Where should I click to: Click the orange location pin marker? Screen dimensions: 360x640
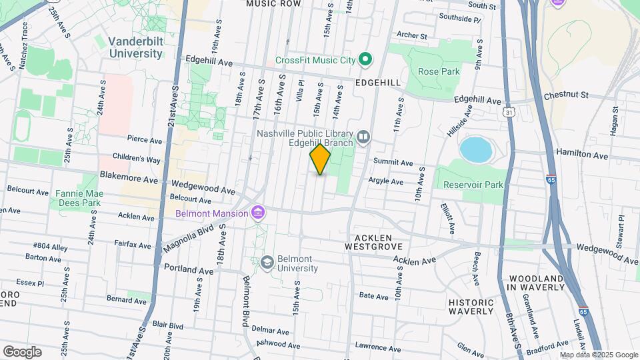tap(320, 159)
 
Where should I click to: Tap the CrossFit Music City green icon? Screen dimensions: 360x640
tap(365, 60)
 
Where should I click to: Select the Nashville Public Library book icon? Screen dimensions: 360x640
tap(363, 137)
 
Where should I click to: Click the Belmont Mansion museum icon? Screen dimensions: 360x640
tap(257, 213)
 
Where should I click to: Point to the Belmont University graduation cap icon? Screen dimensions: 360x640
tap(267, 261)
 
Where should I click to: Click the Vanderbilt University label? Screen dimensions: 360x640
tap(136, 47)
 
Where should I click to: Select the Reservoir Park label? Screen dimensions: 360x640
tap(475, 185)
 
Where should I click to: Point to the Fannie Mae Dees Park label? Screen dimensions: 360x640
tap(77, 197)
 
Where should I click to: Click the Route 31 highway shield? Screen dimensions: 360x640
tap(510, 113)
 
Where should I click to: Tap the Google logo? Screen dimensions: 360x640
tap(22, 351)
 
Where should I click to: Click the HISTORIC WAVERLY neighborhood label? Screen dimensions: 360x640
tap(471, 307)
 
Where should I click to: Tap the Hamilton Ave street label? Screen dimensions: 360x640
tap(582, 154)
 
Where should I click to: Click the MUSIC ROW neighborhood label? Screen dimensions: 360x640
tap(273, 4)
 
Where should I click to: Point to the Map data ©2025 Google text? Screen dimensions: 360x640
tap(599, 355)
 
